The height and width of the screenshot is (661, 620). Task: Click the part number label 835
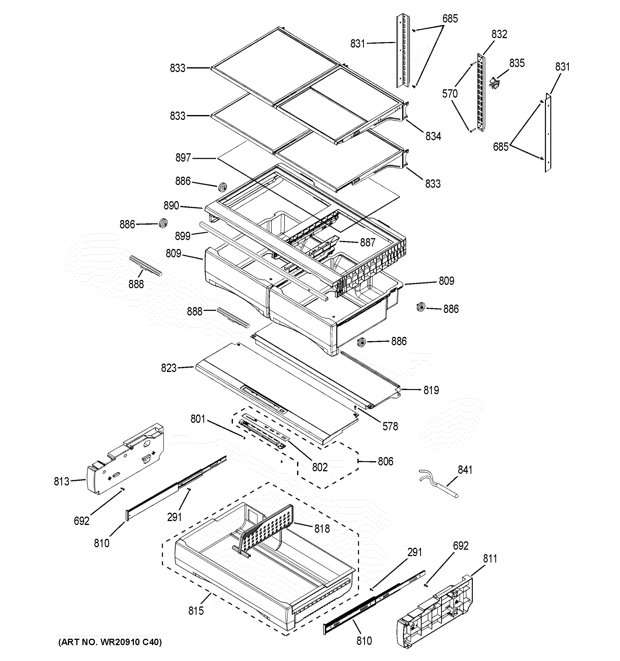click(x=516, y=63)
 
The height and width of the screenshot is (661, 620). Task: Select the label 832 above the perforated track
click(x=499, y=34)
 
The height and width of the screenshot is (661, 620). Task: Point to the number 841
click(x=465, y=470)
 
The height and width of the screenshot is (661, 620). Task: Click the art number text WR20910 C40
click(x=110, y=642)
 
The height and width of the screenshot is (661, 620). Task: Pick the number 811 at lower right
click(x=490, y=559)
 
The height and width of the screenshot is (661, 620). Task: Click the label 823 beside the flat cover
click(x=168, y=368)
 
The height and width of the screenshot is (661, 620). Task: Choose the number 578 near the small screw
click(x=390, y=426)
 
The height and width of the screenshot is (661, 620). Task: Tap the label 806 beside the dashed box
click(x=385, y=461)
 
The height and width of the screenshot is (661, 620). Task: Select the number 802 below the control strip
click(x=320, y=467)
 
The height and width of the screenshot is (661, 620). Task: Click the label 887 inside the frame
click(x=367, y=242)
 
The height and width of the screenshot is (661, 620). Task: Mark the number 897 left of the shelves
click(x=183, y=158)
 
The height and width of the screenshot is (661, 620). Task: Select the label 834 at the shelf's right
click(x=433, y=136)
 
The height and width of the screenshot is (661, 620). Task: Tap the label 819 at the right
click(x=431, y=390)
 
